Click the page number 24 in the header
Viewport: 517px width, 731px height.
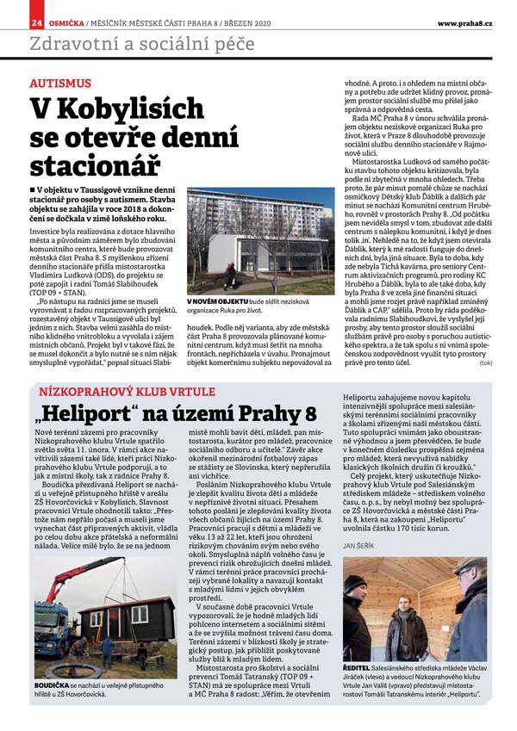[x=37, y=23]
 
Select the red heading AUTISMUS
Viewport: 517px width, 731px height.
[x=59, y=84]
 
